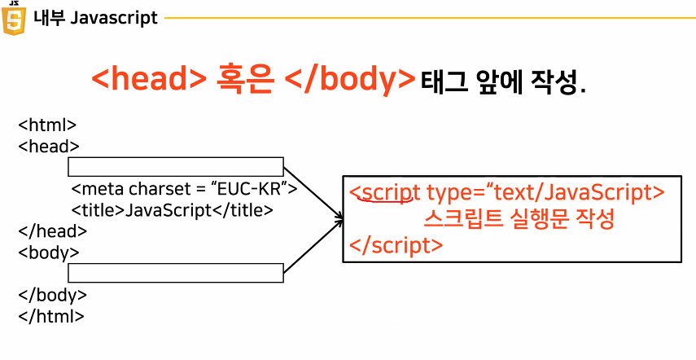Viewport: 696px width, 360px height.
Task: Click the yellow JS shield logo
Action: (14, 18)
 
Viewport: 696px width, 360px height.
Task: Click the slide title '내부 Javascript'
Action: (95, 18)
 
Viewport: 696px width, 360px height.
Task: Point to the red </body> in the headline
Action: (352, 80)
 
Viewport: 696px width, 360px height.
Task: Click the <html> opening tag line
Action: (47, 125)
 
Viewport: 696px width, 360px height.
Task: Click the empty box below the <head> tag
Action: (175, 167)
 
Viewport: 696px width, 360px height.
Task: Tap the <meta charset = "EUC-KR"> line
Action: (184, 189)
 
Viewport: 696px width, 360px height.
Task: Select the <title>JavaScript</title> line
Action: (172, 210)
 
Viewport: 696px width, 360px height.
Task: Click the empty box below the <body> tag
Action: (175, 273)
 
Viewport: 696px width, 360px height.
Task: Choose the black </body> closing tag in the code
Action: (52, 295)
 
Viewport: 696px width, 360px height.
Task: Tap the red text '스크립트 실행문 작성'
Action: (519, 218)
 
